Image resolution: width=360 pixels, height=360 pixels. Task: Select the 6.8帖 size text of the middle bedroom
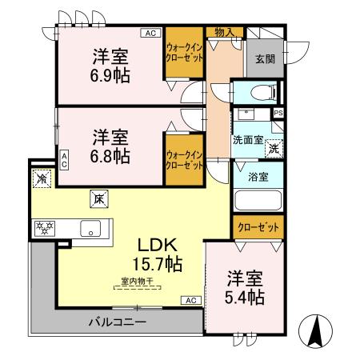coord(110,155)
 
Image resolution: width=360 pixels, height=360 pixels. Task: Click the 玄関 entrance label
coord(265,58)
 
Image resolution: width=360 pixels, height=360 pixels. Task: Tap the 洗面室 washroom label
coord(248,139)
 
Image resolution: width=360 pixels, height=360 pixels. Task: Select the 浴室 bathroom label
coord(257,176)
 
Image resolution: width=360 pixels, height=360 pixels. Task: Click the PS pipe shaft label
coord(278,113)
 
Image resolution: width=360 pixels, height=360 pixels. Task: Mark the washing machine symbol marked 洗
coord(274,147)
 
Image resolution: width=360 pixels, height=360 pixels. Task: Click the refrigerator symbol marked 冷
coord(39,178)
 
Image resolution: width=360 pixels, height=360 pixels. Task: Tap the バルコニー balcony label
coord(117,322)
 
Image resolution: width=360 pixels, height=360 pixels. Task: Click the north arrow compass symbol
coord(314,330)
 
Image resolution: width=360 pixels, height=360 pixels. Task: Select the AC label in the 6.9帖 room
coord(150,33)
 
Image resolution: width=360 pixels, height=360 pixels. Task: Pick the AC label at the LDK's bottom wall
coord(190,300)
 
